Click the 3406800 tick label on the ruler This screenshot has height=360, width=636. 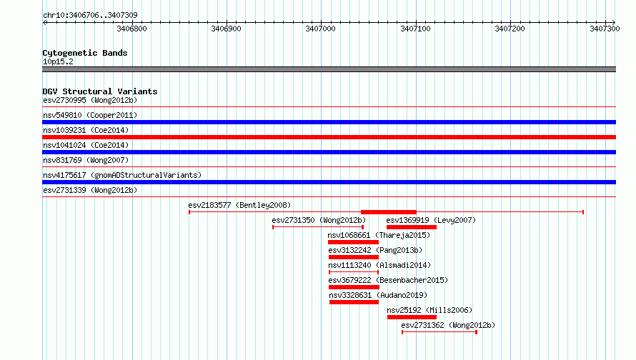click(x=131, y=29)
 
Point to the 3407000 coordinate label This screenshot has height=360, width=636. click(x=320, y=29)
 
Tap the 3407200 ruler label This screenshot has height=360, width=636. click(x=510, y=29)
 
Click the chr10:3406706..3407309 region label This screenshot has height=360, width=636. click(x=90, y=16)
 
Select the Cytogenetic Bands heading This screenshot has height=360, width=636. click(x=85, y=53)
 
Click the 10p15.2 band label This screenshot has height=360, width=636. click(x=58, y=61)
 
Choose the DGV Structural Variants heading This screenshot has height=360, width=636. click(x=100, y=91)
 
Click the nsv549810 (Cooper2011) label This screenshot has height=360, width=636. click(x=90, y=115)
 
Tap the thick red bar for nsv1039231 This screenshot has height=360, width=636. click(x=329, y=137)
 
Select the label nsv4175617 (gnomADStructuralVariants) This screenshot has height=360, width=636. click(x=122, y=175)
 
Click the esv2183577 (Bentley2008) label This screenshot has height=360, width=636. click(x=239, y=205)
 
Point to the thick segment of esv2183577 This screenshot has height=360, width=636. click(x=389, y=212)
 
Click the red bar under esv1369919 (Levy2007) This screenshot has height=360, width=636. click(x=412, y=227)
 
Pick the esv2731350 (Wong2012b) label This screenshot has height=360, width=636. click(x=319, y=220)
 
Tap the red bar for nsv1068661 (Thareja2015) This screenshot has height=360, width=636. click(x=353, y=242)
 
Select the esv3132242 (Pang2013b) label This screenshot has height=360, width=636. click(x=375, y=250)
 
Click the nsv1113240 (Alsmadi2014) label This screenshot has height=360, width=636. click(x=379, y=265)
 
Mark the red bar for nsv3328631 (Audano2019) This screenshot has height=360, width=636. click(x=354, y=302)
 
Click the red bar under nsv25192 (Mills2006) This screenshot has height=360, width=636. click(x=412, y=317)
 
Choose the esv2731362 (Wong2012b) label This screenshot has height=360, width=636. click(x=448, y=325)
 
